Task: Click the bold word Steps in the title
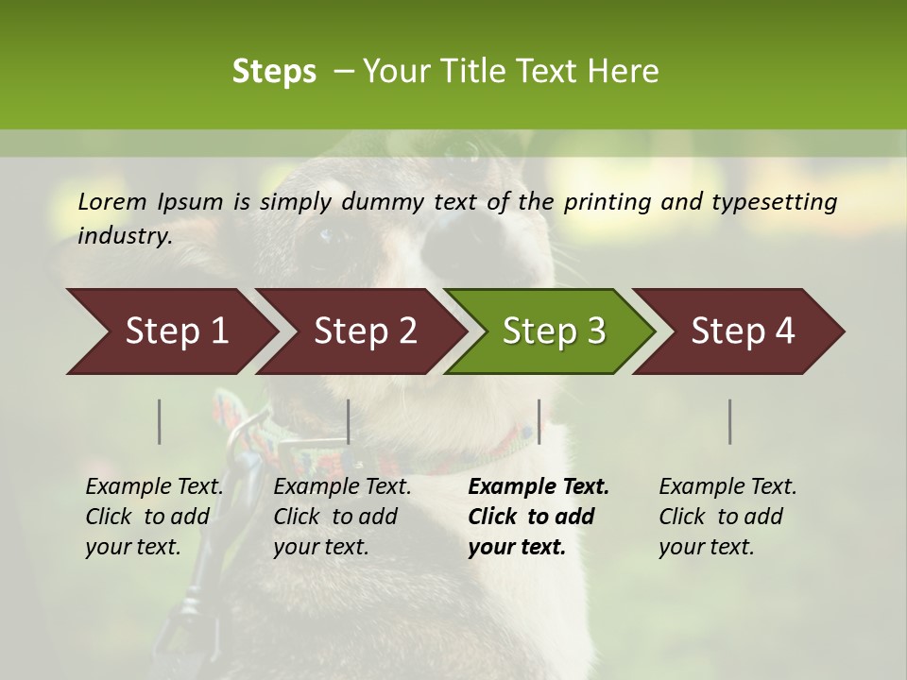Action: [274, 72]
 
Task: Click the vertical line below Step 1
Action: [160, 421]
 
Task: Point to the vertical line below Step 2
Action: [349, 421]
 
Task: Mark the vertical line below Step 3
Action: [539, 421]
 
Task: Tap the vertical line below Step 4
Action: [730, 421]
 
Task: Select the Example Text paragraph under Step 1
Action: [154, 517]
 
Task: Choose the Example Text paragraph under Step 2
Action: [342, 517]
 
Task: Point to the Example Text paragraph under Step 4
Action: [727, 517]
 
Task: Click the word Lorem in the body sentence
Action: [111, 201]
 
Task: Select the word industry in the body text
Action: [124, 235]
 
